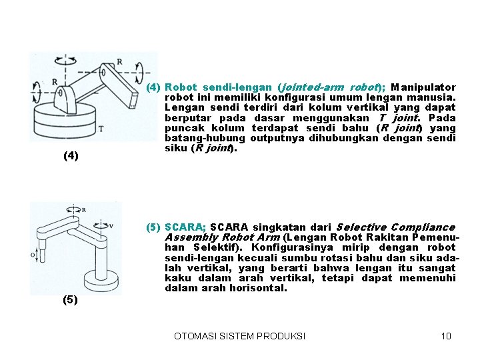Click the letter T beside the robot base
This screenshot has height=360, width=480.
(x=101, y=129)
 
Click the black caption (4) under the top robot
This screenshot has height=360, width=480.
(x=70, y=156)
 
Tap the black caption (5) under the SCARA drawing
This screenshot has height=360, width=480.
(x=70, y=300)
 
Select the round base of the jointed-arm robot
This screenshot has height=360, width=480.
(x=67, y=123)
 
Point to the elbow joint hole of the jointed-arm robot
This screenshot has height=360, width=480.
(x=105, y=69)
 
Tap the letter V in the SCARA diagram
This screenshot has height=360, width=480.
(x=111, y=225)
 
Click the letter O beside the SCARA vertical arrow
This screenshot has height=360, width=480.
(x=33, y=254)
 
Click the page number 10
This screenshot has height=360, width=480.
(x=446, y=336)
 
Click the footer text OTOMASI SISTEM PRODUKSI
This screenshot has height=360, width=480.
(x=239, y=336)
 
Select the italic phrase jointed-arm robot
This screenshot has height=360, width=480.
(x=329, y=87)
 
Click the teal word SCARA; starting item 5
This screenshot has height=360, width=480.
(x=185, y=227)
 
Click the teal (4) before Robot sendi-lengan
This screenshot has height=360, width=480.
(x=153, y=87)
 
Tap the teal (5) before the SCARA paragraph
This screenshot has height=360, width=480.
(x=153, y=227)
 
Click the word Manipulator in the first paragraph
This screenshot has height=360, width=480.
(x=423, y=87)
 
